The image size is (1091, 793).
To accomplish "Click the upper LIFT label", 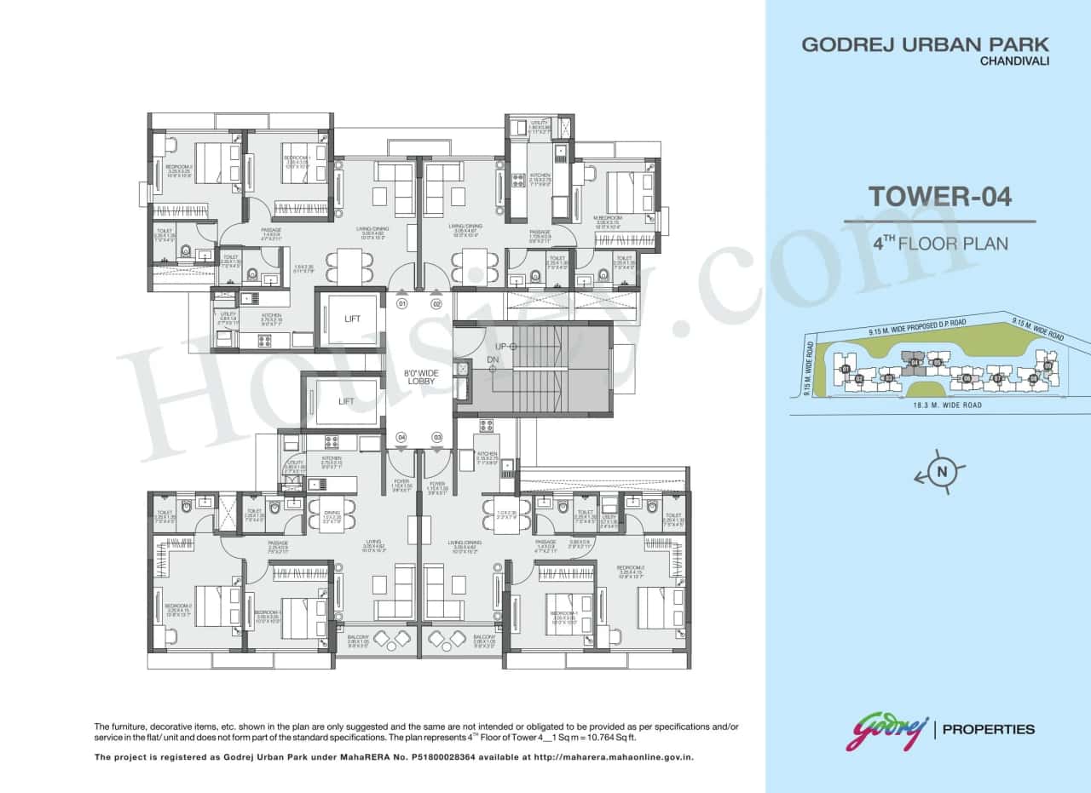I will point(352,319).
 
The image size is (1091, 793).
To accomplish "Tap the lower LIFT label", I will point(345,400).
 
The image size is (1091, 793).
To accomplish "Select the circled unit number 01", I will point(401,303).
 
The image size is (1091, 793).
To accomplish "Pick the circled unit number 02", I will point(436,303).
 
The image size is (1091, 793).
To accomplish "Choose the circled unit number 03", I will point(436,438).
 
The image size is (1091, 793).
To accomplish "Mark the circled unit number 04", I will point(401,438).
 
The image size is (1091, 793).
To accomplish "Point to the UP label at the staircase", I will point(502,347).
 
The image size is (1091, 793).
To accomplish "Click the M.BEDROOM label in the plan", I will point(607,218).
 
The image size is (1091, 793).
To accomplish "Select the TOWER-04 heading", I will point(939,197).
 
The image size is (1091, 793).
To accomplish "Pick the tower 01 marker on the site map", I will point(845,369).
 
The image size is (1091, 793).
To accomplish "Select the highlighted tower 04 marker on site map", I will point(915,362).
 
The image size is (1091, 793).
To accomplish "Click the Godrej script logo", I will point(886,731).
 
